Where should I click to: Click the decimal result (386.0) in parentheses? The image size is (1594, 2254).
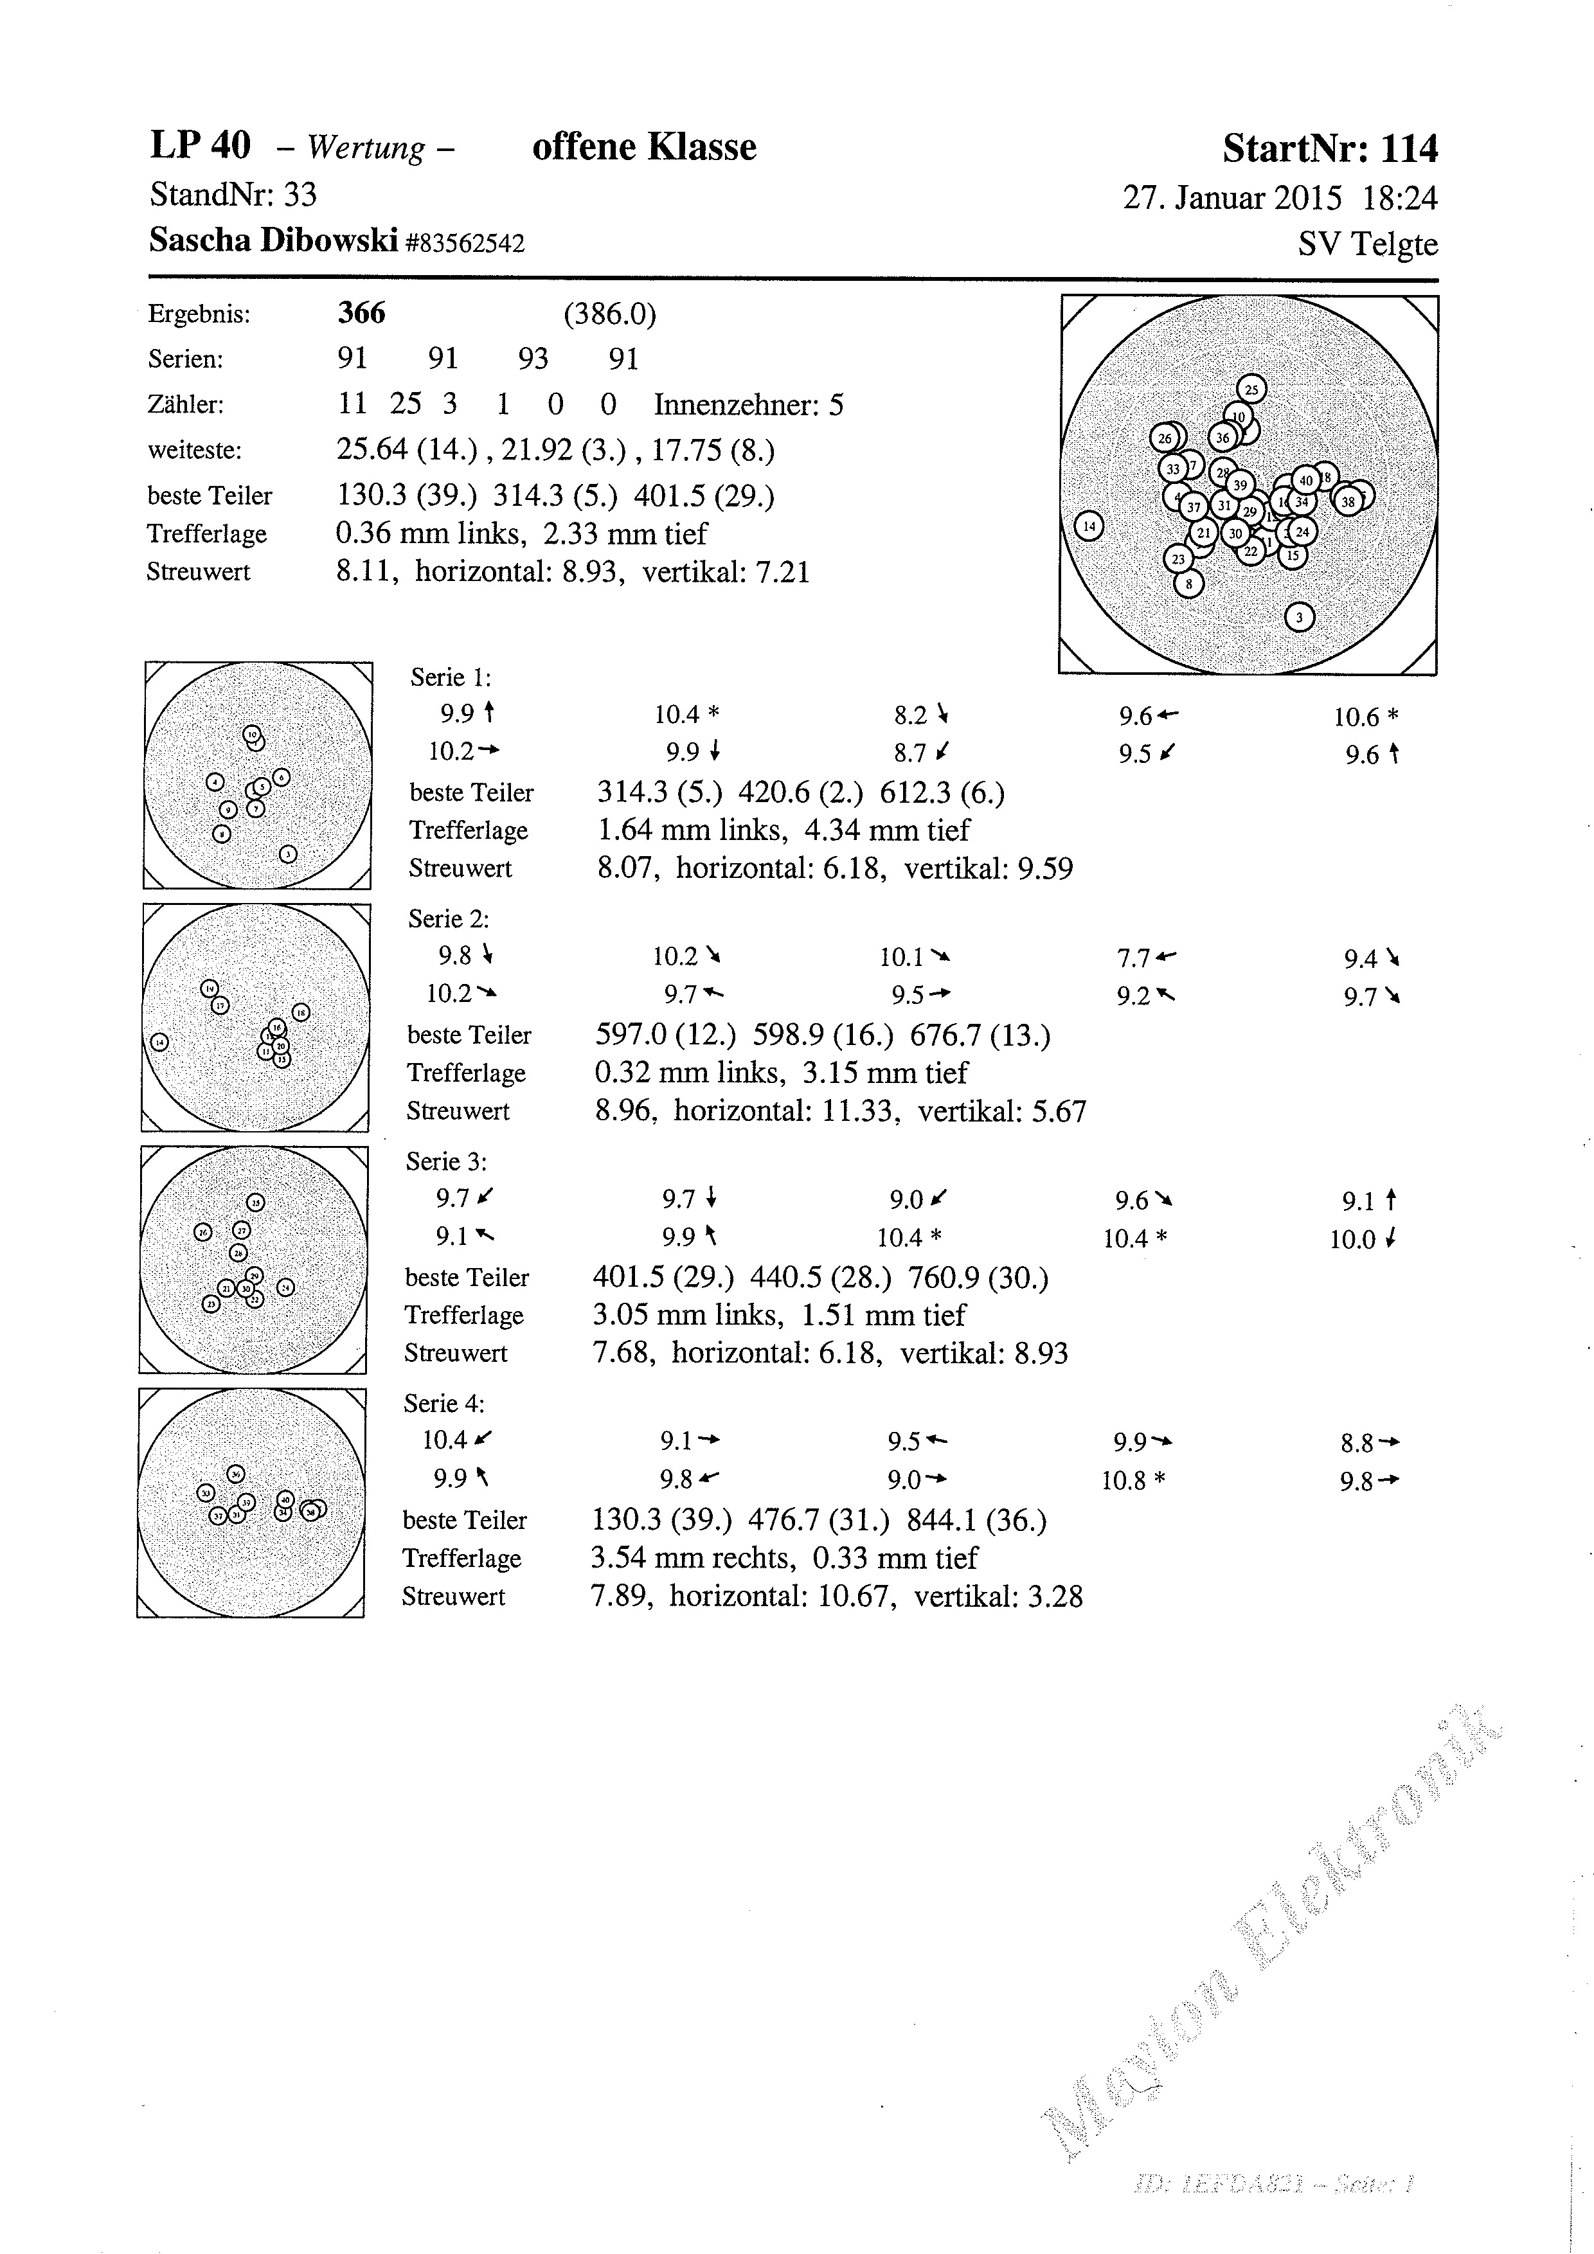(609, 314)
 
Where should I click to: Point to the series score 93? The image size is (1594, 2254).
(533, 359)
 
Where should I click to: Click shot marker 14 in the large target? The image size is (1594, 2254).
(1089, 526)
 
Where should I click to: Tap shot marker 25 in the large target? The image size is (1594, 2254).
(1251, 389)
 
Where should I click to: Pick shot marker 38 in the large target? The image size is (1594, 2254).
(1348, 502)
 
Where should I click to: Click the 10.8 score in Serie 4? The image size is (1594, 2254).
(1124, 1480)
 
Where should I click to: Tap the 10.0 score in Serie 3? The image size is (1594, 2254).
(1352, 1239)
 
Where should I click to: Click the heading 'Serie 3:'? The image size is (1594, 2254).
(447, 1161)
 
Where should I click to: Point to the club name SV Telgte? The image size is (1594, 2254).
(1367, 244)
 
